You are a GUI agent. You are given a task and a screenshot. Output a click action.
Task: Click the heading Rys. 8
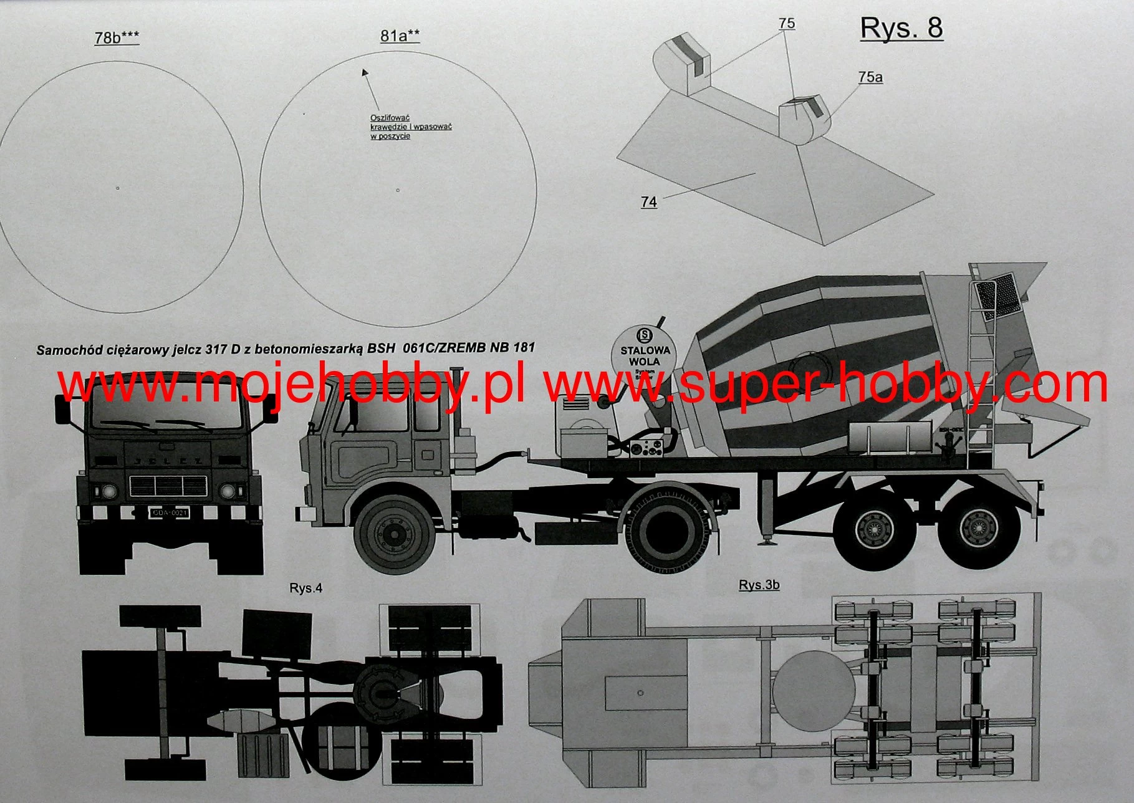(x=901, y=29)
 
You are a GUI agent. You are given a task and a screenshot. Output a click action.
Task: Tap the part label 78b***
(x=117, y=37)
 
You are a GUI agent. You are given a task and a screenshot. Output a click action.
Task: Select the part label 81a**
(x=400, y=36)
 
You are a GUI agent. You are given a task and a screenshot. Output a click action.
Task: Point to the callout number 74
(x=648, y=202)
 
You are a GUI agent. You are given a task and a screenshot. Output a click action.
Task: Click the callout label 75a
(x=870, y=77)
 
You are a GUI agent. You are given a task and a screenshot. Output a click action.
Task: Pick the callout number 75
(x=787, y=24)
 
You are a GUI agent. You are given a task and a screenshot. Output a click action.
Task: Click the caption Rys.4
(x=305, y=588)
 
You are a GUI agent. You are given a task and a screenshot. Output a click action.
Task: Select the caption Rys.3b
(x=759, y=585)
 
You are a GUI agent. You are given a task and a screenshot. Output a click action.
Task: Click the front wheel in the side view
(x=395, y=534)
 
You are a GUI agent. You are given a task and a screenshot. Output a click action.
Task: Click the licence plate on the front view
(x=170, y=512)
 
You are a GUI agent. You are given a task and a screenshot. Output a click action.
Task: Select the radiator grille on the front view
(x=167, y=486)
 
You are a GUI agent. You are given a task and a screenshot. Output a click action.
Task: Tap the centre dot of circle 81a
(x=398, y=190)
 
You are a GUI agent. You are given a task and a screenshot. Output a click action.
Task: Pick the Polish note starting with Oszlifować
(x=410, y=127)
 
